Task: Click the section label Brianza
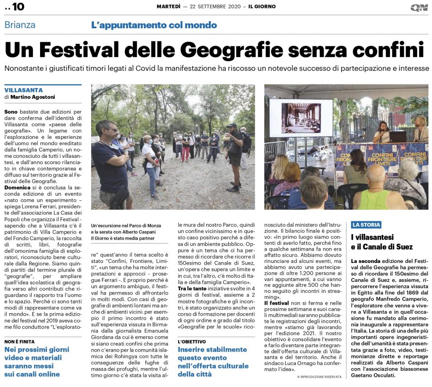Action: (x=20, y=25)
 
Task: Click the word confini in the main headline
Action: (x=388, y=50)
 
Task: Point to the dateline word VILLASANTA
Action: (x=24, y=90)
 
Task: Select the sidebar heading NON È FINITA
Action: (x=19, y=341)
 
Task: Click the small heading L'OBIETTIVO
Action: (x=192, y=341)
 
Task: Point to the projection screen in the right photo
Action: (x=301, y=118)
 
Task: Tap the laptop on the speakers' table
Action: (x=397, y=137)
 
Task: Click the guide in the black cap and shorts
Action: (x=233, y=156)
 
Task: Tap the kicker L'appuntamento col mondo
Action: (x=154, y=25)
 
